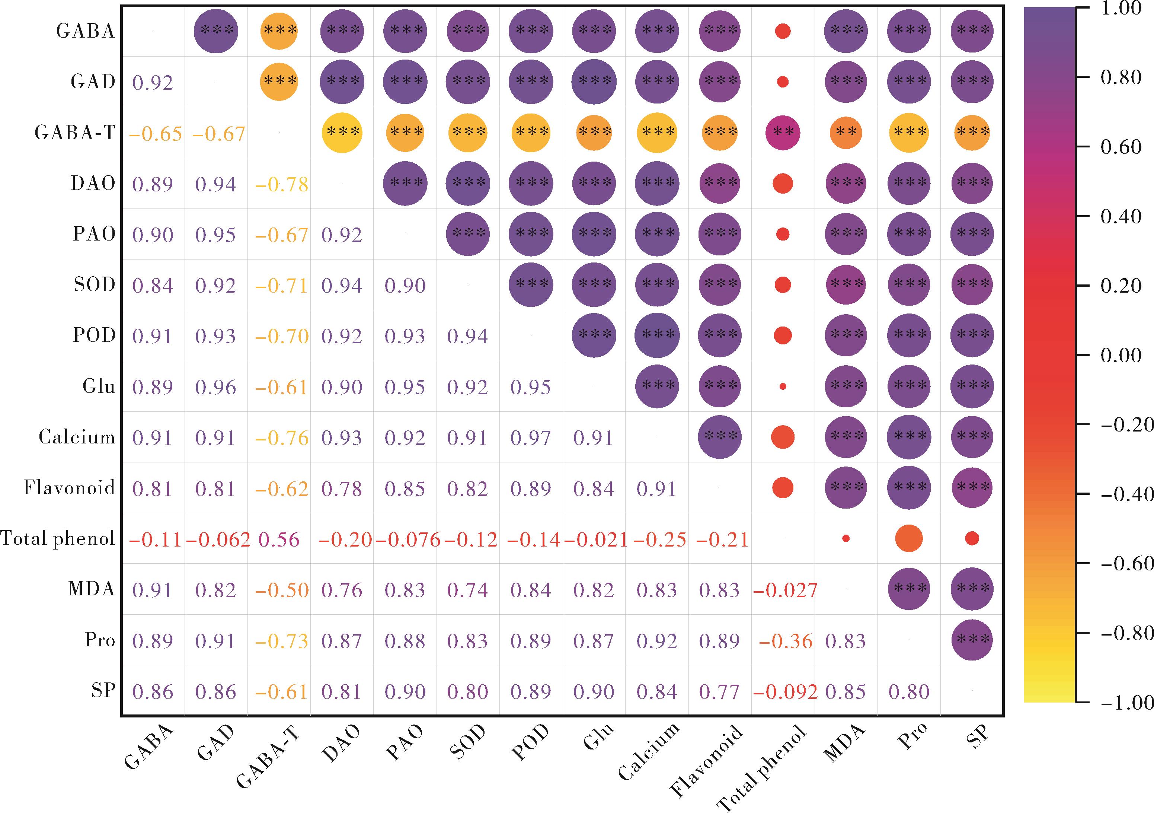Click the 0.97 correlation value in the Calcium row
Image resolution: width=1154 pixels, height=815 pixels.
[x=531, y=438]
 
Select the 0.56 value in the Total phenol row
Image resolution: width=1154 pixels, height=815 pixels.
[x=279, y=539]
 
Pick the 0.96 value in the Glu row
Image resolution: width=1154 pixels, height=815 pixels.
[x=215, y=387]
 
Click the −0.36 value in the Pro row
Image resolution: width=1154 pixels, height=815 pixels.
[x=786, y=641]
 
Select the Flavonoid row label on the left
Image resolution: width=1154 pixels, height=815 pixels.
[x=69, y=488]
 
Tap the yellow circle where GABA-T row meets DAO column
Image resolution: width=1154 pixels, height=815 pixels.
[x=342, y=132]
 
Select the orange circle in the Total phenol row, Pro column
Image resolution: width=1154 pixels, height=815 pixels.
[x=909, y=538]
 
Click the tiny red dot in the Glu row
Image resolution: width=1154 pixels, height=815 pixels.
[x=783, y=386]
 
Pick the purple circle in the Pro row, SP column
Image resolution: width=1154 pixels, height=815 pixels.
[x=972, y=640]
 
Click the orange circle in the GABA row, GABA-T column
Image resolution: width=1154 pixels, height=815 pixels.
[x=279, y=31]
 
